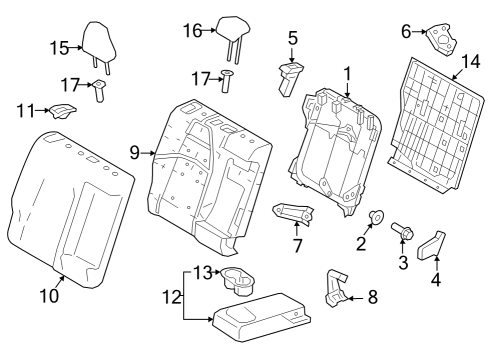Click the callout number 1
[347, 73]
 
